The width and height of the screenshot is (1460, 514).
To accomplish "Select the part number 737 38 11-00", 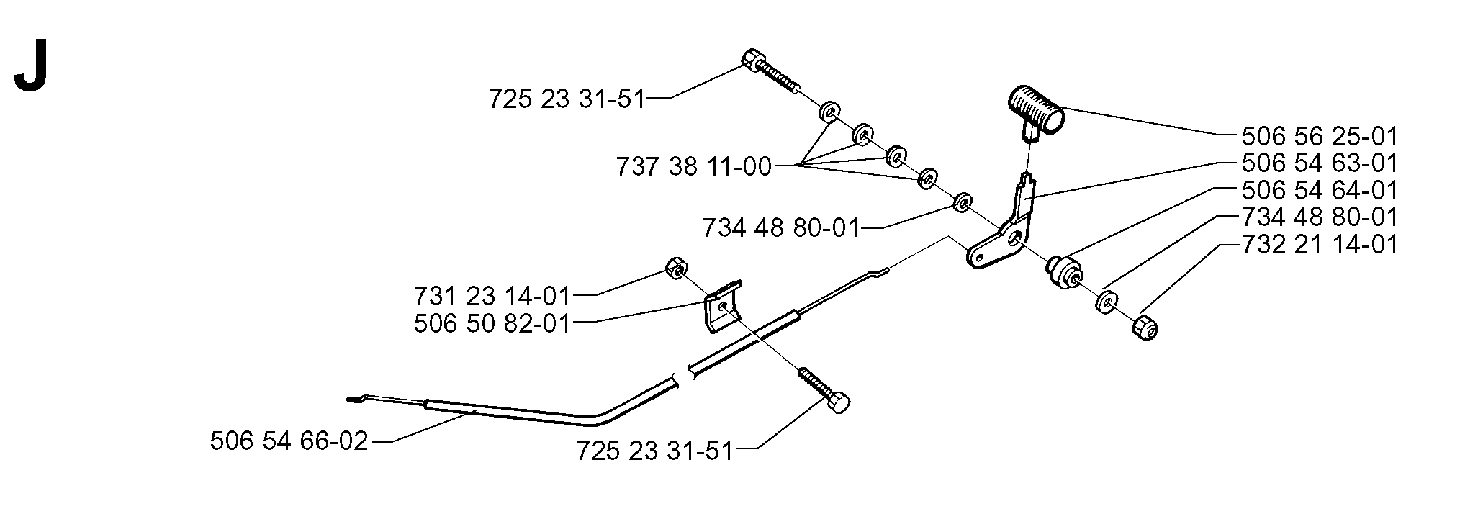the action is point(693,168).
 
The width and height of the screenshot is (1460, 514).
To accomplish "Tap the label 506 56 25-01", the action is point(1319,137).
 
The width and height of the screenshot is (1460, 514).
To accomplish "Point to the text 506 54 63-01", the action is point(1319,163).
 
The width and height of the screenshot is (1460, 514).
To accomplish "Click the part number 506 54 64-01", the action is point(1319,191).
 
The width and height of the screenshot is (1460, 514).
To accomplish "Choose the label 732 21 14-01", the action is point(1319,245).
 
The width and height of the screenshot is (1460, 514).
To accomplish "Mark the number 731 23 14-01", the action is point(492,296).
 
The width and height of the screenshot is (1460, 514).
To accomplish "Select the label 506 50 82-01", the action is point(492,323).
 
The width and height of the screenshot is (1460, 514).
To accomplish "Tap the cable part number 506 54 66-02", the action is point(289,441).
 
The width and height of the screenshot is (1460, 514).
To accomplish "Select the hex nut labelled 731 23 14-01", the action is point(675,268).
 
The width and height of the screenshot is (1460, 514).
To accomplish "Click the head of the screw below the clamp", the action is point(838,403).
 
